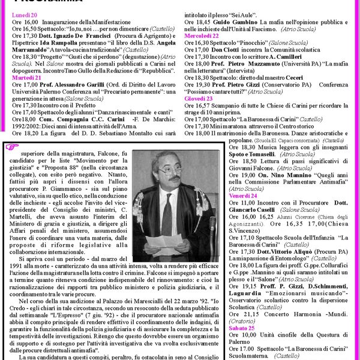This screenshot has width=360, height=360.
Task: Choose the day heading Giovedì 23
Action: pos(199,98)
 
